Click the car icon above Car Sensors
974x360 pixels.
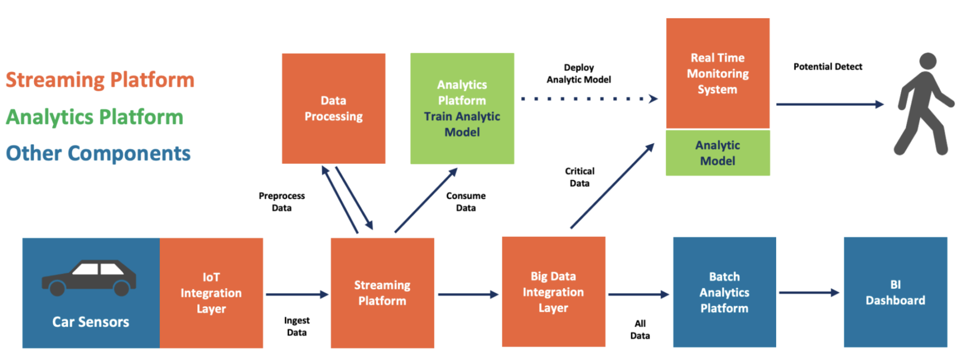point(89,278)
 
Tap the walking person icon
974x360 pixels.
point(923,105)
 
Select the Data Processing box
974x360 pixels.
point(333,108)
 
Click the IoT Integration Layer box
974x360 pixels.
point(211,293)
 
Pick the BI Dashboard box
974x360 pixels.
point(895,292)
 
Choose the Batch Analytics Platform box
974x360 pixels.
point(724,292)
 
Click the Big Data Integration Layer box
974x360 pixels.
point(553,292)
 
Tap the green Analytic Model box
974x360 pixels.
point(718,153)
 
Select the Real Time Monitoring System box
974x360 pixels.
point(718,73)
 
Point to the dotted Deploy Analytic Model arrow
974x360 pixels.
point(589,99)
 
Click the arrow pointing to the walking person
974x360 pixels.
point(829,104)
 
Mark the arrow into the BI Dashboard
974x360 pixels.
point(808,293)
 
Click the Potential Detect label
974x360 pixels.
point(828,67)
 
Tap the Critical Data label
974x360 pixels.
point(579,177)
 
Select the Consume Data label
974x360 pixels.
point(466,202)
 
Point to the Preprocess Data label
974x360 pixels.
point(282,202)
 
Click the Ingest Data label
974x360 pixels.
point(297,326)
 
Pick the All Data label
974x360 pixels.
point(640,330)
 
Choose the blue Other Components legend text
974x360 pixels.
point(98,154)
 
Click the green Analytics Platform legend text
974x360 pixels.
point(95,117)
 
